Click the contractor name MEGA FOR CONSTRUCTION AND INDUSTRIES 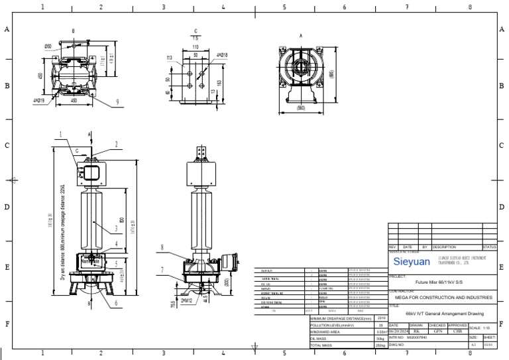click(441, 298)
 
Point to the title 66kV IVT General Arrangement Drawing click(441, 314)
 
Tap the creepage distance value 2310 click(380, 319)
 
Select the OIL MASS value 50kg click(380, 339)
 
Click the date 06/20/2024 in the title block click(396, 332)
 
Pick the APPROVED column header click(457, 326)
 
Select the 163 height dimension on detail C click(218, 83)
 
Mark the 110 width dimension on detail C click(196, 48)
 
